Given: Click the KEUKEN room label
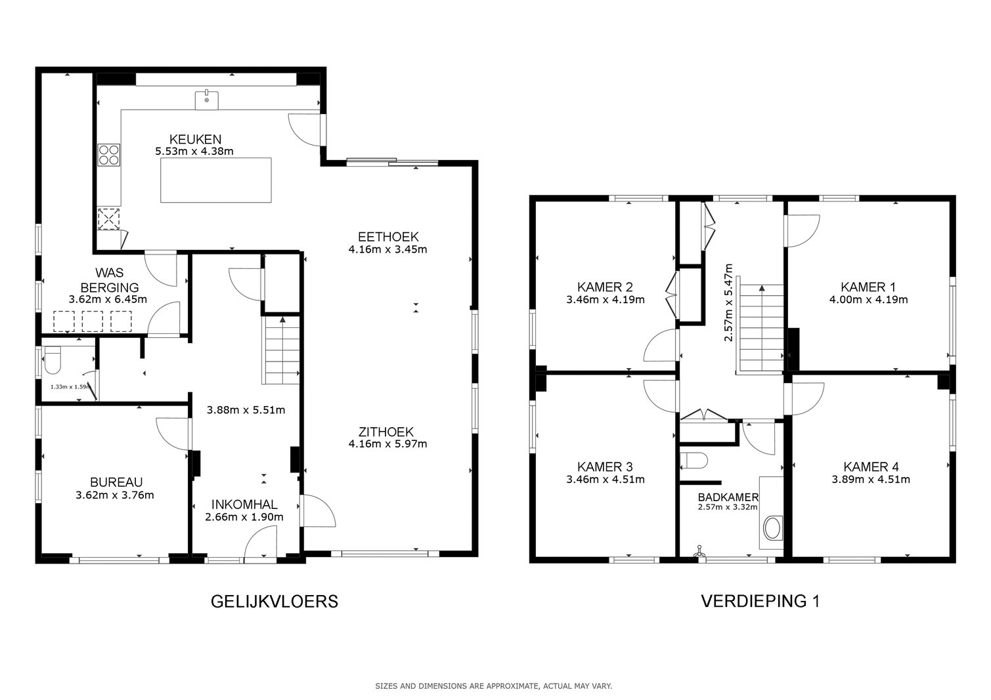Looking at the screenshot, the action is pos(195,139).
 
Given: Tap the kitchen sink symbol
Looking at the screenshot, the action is pos(207,100).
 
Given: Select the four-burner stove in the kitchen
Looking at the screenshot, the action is pos(109,155).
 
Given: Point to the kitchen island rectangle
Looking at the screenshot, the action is pos(216,180).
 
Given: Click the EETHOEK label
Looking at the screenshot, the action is pos(388,237).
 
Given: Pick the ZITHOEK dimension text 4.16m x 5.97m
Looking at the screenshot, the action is pos(387,443).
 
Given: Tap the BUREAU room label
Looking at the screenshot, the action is pos(116,482).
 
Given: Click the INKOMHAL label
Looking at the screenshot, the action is pos(244,504).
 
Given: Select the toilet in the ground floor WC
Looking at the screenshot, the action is pos(53,360).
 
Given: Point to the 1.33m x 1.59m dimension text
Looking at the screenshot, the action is pos(71,386).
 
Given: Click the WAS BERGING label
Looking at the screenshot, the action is pos(109,279).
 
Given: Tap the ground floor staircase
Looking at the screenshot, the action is pos(281,350).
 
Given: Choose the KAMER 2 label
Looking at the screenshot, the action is pos(605,287).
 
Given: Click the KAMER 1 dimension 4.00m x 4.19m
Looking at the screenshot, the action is pos(868,300).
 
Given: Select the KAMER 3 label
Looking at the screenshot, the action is pos(605,466).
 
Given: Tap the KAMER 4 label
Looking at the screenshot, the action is pos(871,466).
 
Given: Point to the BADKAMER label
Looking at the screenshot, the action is pos(728,497).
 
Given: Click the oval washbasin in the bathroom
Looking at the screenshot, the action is pos(772,528).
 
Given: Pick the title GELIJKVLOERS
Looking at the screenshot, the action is pos(275,602).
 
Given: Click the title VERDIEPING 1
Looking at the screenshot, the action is pos(760,601).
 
